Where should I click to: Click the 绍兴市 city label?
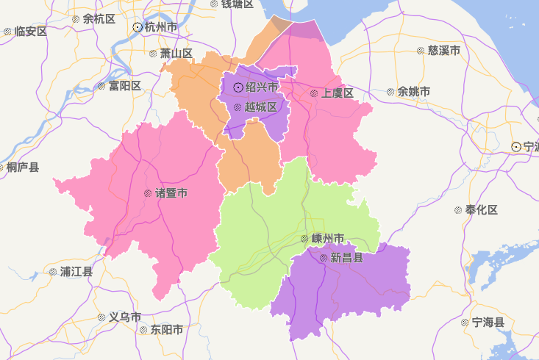pyautogui.click(x=262, y=87)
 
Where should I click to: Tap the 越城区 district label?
pyautogui.click(x=261, y=107)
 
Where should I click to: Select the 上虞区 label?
pyautogui.click(x=338, y=93)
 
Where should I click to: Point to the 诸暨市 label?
pyautogui.click(x=171, y=193)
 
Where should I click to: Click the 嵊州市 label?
pyautogui.click(x=328, y=239)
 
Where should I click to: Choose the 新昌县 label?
pyautogui.click(x=346, y=258)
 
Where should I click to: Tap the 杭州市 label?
pyautogui.click(x=161, y=27)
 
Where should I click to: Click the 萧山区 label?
pyautogui.click(x=176, y=54)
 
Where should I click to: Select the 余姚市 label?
pyautogui.click(x=414, y=92)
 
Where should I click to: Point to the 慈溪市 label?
pyautogui.click(x=443, y=51)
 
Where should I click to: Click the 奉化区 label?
pyautogui.click(x=482, y=210)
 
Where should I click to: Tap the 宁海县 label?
pyautogui.click(x=488, y=323)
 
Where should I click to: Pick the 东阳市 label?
pyautogui.click(x=167, y=330)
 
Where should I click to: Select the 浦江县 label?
pyautogui.click(x=76, y=272)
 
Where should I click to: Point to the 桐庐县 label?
pyautogui.click(x=25, y=168)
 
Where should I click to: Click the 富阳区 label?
pyautogui.click(x=124, y=86)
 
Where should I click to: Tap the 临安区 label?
pyautogui.click(x=30, y=32)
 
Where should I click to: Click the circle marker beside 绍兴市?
pyautogui.click(x=238, y=87)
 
